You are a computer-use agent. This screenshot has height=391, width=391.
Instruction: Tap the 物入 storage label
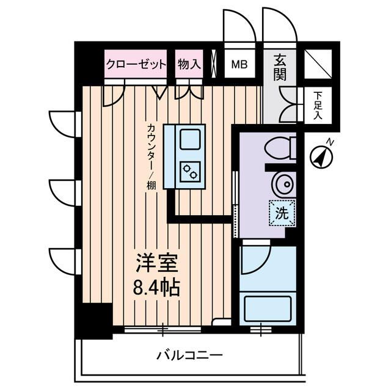click(x=189, y=64)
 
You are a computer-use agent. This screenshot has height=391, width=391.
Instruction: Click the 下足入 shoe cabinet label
click(x=318, y=104)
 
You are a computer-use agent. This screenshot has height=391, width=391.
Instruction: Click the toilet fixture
click(x=282, y=147)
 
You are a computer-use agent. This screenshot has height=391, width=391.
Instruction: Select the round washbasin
click(x=283, y=183)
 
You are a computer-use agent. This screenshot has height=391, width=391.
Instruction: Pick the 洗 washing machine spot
click(x=282, y=213)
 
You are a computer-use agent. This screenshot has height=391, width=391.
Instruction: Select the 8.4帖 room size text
click(x=156, y=287)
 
